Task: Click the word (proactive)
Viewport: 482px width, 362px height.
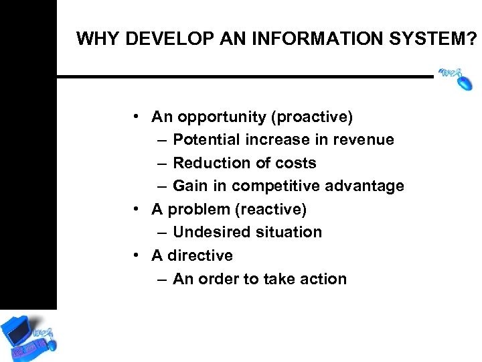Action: click(x=311, y=117)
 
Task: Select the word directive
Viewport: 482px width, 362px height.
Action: click(x=200, y=256)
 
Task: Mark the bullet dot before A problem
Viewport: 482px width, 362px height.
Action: click(x=136, y=209)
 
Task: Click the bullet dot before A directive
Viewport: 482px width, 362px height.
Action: click(x=136, y=255)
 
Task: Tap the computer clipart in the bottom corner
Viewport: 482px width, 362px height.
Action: click(x=28, y=335)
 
